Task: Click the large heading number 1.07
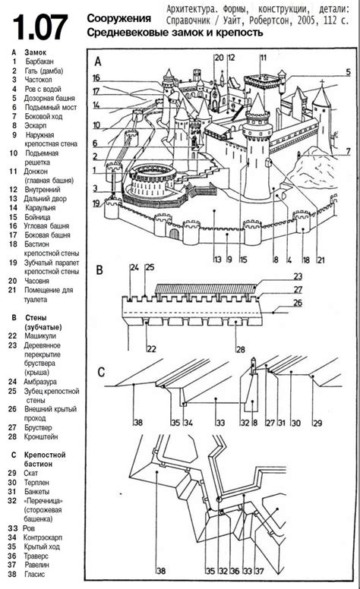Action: (40, 27)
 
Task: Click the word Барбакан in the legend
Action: (39, 61)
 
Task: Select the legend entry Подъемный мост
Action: (51, 108)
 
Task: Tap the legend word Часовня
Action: (36, 281)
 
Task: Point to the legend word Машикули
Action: (40, 336)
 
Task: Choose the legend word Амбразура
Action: (40, 382)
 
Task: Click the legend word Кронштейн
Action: (41, 437)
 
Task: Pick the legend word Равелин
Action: (36, 565)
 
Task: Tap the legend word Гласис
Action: (35, 575)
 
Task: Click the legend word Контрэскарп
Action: (43, 538)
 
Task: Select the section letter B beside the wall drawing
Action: (99, 270)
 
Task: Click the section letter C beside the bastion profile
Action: (101, 372)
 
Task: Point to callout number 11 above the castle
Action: (264, 58)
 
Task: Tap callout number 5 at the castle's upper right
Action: (349, 72)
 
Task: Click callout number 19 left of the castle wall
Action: (97, 203)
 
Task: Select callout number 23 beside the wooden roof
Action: (298, 276)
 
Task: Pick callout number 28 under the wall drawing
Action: (241, 349)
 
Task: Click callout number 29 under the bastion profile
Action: (318, 424)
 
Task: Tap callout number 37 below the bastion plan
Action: (260, 572)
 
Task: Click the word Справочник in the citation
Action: (188, 20)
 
